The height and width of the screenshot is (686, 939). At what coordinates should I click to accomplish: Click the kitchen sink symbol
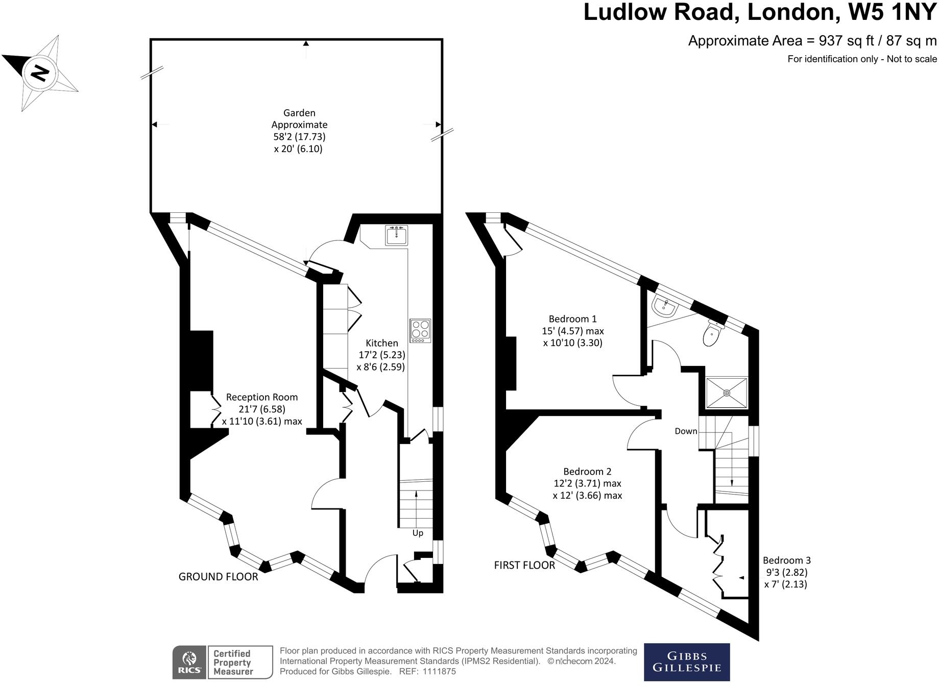(396, 236)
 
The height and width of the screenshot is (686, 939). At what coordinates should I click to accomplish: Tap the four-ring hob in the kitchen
(420, 331)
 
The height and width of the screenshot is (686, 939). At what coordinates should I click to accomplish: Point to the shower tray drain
(726, 393)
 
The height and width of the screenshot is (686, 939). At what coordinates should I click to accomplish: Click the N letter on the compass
(40, 73)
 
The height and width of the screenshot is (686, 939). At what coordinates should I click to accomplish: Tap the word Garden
(299, 113)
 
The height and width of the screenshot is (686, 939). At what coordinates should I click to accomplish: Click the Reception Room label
(261, 397)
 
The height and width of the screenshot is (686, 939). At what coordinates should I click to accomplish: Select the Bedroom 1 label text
(572, 319)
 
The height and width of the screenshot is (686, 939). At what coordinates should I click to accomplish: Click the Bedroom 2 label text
(587, 472)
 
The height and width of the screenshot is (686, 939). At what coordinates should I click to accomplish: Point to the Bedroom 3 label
(786, 560)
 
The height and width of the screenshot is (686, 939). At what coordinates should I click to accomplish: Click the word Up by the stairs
(418, 533)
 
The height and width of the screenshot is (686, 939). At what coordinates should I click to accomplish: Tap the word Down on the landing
(686, 431)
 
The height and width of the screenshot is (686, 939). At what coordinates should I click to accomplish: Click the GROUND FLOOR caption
(218, 577)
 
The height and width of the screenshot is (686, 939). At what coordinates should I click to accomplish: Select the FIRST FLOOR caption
(524, 565)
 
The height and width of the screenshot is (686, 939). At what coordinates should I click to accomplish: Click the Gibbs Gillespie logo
(686, 662)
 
